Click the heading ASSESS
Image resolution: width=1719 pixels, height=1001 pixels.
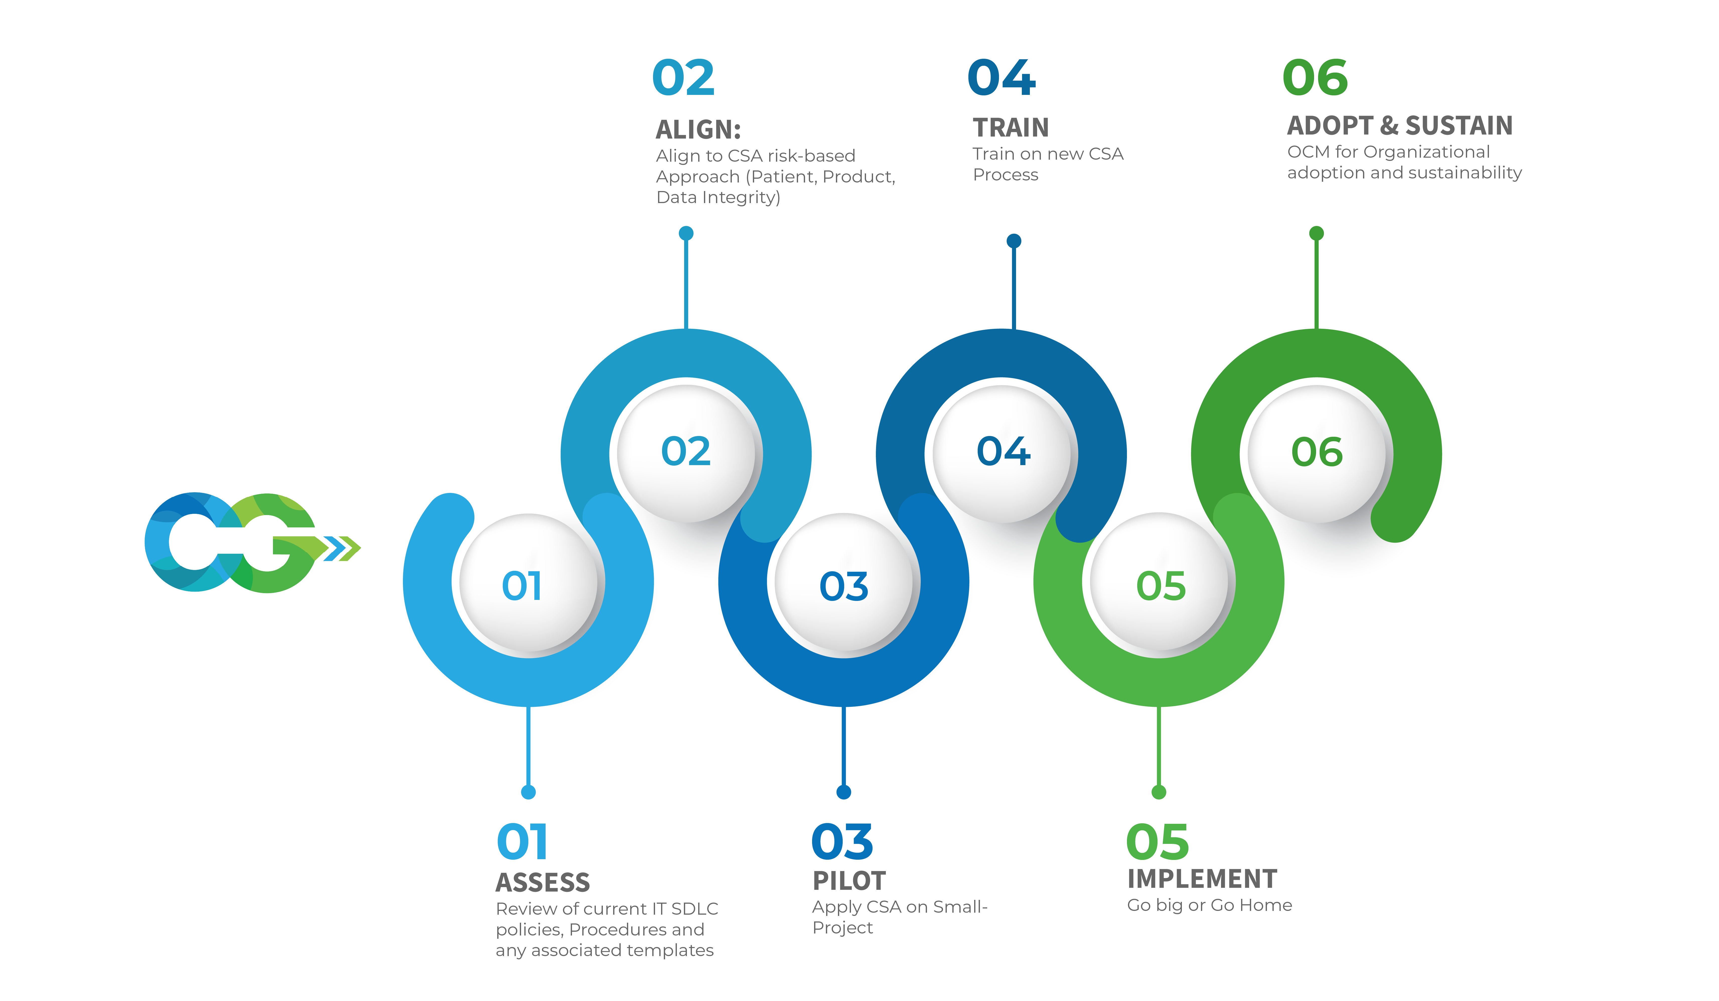[x=543, y=882]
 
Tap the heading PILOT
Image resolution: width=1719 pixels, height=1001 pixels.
[x=849, y=881]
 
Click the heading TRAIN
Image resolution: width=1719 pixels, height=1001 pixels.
[x=1011, y=128]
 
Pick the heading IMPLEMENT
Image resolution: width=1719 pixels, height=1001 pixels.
[x=1202, y=879]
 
